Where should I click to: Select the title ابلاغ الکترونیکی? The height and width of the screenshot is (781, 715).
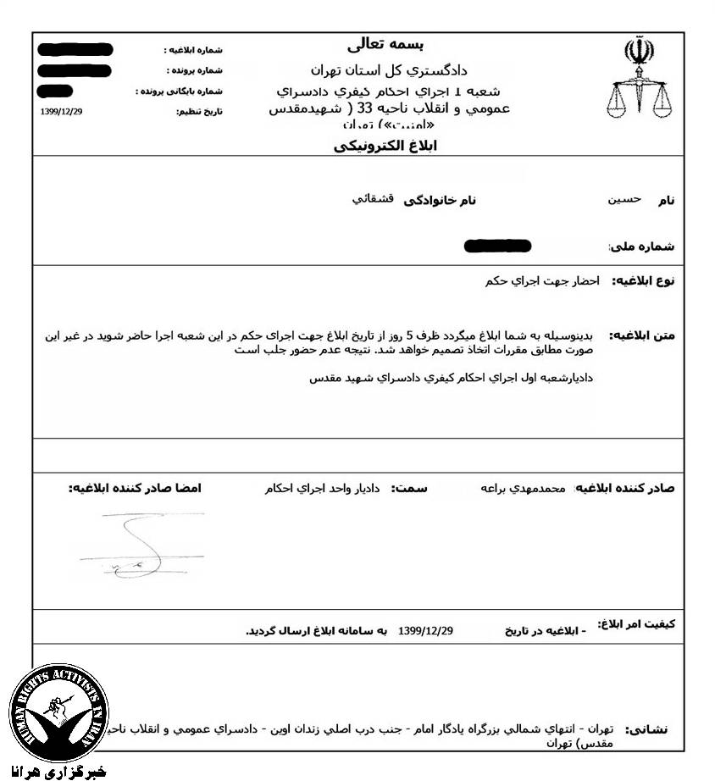pyautogui.click(x=385, y=146)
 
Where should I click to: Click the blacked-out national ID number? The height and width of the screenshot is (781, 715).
pyautogui.click(x=498, y=246)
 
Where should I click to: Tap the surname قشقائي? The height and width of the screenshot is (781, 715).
pyautogui.click(x=372, y=199)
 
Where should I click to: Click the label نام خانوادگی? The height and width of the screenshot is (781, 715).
pyautogui.click(x=441, y=200)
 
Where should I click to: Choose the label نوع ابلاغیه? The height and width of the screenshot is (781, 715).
pyautogui.click(x=643, y=280)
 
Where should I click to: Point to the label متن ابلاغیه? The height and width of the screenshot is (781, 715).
pyautogui.click(x=643, y=335)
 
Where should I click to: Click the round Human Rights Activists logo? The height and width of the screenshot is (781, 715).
pyautogui.click(x=59, y=712)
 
